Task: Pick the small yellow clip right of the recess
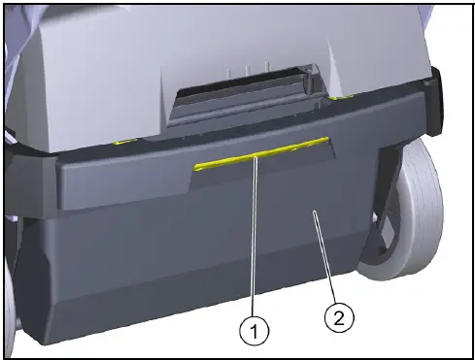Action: [x=339, y=97]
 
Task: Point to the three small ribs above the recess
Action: [x=236, y=71]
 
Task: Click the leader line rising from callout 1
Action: [x=255, y=243]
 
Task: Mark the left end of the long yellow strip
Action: [x=195, y=166]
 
